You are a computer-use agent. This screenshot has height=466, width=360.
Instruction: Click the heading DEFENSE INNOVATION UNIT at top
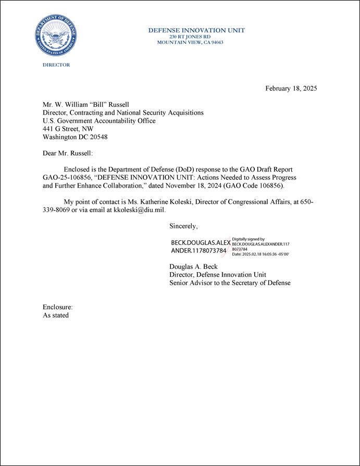click(x=196, y=30)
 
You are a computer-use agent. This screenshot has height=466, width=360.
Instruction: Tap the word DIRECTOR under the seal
click(x=56, y=65)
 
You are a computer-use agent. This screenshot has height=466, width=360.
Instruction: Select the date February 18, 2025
click(x=291, y=88)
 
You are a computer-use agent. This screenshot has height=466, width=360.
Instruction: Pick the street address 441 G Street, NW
click(x=72, y=129)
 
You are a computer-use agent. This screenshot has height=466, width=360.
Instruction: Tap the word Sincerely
click(x=183, y=227)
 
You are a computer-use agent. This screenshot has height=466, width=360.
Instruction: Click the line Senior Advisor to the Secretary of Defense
click(x=230, y=283)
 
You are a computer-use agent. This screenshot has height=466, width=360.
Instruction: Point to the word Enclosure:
click(x=57, y=307)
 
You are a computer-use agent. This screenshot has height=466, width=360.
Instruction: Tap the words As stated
click(x=56, y=315)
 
